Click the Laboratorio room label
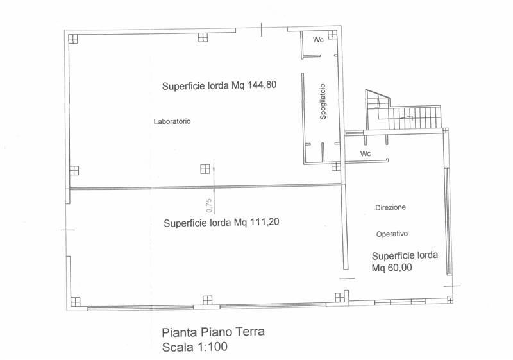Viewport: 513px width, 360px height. pyautogui.click(x=172, y=121)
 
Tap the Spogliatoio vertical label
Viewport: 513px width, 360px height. pyautogui.click(x=323, y=101)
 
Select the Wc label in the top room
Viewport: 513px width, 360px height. pyautogui.click(x=318, y=40)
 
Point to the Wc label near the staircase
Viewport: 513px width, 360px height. pyautogui.click(x=366, y=153)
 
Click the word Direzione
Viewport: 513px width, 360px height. pyautogui.click(x=391, y=207)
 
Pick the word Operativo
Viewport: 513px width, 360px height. pyautogui.click(x=392, y=234)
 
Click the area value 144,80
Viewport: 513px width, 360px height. pyautogui.click(x=262, y=85)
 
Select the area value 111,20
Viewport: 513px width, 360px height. pyautogui.click(x=264, y=222)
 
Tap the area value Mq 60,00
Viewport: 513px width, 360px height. pyautogui.click(x=392, y=268)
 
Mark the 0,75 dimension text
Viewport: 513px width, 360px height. pyautogui.click(x=210, y=205)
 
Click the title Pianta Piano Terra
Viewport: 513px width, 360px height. pyautogui.click(x=214, y=332)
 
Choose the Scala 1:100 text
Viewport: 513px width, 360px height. pyautogui.click(x=195, y=347)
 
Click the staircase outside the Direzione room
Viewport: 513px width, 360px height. pyautogui.click(x=403, y=111)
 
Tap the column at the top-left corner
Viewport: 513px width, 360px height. pyautogui.click(x=73, y=39)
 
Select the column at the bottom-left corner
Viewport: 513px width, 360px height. pyautogui.click(x=75, y=302)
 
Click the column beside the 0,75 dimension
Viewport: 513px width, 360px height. pyautogui.click(x=205, y=169)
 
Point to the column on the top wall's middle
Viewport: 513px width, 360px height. pyautogui.click(x=203, y=37)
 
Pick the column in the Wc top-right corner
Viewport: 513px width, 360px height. pyautogui.click(x=332, y=35)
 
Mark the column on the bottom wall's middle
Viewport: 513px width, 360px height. pyautogui.click(x=207, y=300)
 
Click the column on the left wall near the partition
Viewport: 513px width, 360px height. pyautogui.click(x=74, y=171)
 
